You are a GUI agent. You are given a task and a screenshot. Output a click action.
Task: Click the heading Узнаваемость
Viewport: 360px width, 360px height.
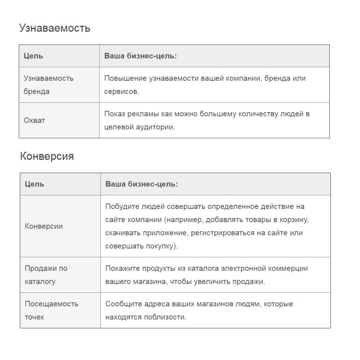point(55,28)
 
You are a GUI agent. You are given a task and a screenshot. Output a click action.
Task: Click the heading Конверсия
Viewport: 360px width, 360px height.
point(47,156)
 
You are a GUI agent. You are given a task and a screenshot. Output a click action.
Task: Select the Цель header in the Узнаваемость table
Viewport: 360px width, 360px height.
point(33,56)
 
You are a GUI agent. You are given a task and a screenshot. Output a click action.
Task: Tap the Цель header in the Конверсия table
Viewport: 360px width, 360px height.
point(34,184)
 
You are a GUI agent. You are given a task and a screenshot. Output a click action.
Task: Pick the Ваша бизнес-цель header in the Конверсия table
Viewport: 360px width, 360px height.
point(142,184)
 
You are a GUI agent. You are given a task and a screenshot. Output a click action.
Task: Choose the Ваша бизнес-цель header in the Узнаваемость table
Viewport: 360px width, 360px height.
point(141,56)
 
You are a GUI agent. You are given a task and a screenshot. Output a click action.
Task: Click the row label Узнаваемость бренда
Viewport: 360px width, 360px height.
point(48,85)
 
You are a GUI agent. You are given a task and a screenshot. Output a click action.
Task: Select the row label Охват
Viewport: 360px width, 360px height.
point(34,120)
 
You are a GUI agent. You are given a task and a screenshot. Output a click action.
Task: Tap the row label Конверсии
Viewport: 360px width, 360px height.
point(44,226)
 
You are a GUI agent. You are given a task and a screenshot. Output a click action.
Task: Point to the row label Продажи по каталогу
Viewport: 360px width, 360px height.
point(46,275)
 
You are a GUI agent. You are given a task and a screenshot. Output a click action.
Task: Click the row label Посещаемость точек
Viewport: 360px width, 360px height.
point(51,310)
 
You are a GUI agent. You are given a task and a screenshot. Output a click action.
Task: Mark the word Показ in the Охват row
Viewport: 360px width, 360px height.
point(115,114)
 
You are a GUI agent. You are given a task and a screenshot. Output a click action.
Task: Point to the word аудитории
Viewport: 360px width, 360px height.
point(157,127)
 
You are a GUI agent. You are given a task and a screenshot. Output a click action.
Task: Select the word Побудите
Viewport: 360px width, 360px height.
point(120,206)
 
